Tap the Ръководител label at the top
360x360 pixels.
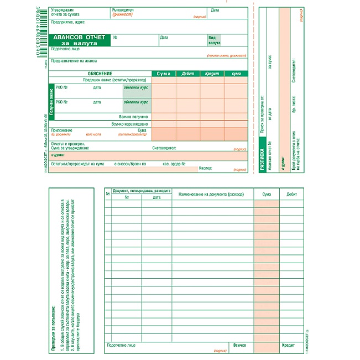click(123, 10)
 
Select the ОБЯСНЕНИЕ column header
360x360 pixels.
click(100, 74)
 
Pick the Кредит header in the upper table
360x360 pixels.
click(212, 74)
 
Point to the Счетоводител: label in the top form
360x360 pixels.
click(164, 148)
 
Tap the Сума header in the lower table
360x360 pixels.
click(267, 194)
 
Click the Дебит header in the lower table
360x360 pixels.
click(292, 194)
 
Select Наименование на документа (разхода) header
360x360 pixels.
click(213, 194)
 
